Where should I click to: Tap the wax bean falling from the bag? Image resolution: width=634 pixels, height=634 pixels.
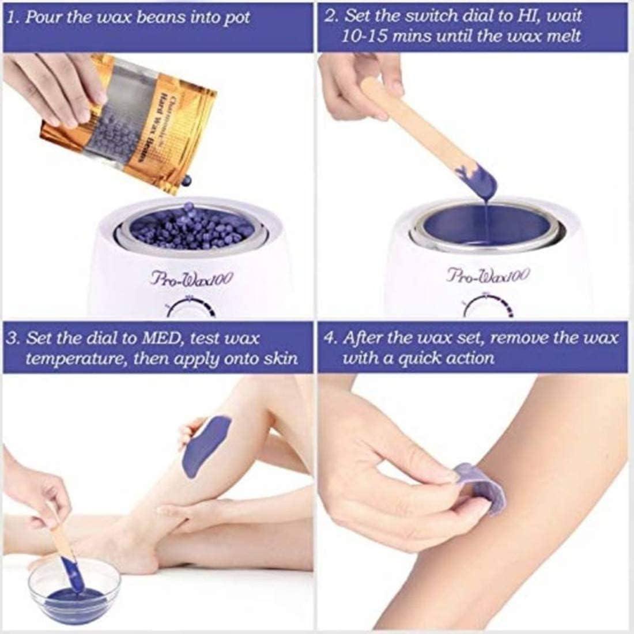186,182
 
